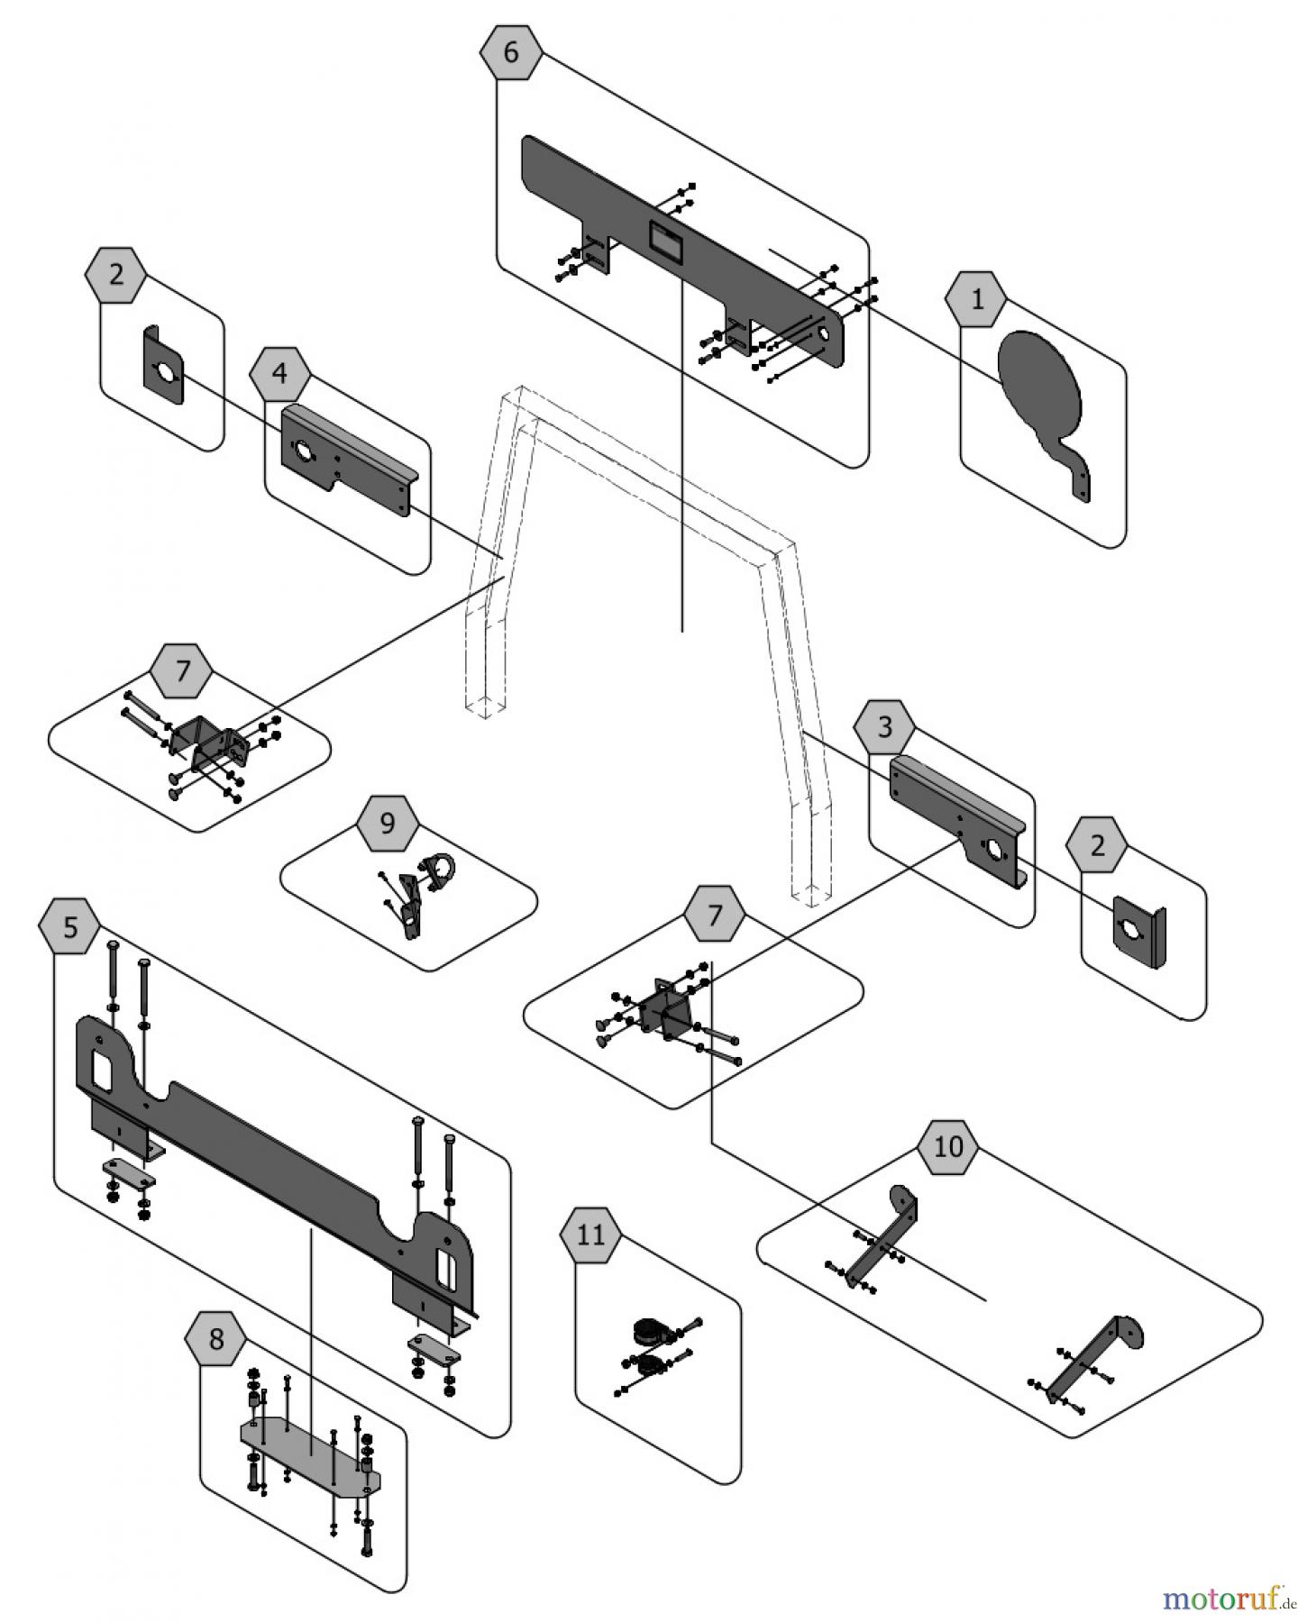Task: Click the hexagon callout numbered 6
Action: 511,53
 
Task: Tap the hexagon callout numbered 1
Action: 977,299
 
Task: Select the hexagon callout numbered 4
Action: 280,372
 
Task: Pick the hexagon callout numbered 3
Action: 884,726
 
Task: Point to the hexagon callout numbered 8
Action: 216,1340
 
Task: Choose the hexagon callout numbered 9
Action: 388,824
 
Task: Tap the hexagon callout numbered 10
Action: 948,1147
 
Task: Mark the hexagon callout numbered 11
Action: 590,1235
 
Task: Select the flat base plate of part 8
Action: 311,1449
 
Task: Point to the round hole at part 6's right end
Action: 824,334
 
